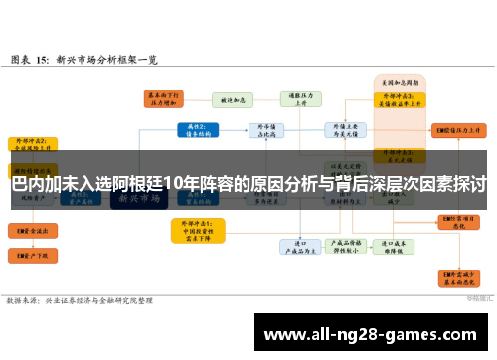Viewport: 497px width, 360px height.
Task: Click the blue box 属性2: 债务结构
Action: point(196,130)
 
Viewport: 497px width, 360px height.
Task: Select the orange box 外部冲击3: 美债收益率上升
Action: point(400,98)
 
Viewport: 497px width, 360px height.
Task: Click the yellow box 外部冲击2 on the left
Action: point(32,146)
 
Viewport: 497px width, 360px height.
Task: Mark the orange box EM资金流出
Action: point(32,229)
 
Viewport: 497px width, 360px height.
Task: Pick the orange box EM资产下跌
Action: point(32,257)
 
